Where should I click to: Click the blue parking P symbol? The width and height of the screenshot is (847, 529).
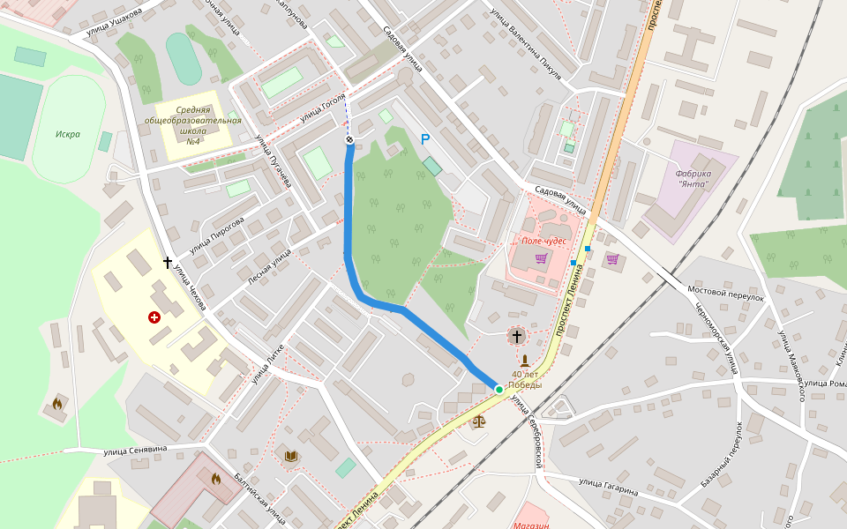(x=424, y=139)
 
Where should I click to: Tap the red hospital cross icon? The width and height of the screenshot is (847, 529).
(x=154, y=317)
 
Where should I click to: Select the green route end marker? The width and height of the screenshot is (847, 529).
(x=498, y=389)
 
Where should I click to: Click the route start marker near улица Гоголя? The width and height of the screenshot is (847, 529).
(x=349, y=139)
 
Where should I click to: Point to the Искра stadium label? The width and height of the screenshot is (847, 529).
(x=68, y=134)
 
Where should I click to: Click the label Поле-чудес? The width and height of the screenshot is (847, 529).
(x=543, y=240)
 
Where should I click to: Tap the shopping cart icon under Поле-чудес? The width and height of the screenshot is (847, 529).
(x=541, y=258)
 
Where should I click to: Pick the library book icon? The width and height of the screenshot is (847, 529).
(x=291, y=456)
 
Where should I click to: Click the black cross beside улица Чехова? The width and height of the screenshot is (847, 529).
(x=167, y=262)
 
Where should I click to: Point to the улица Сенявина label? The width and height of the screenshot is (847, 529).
(x=137, y=451)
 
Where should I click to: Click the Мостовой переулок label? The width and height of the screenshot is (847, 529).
(x=725, y=293)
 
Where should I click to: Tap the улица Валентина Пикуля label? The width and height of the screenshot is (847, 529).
(x=527, y=40)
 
